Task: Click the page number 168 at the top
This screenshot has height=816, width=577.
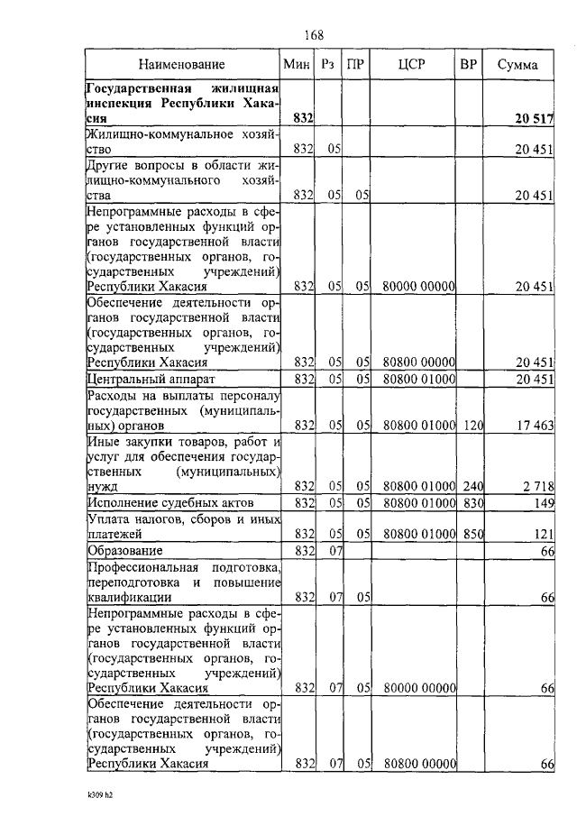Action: [x=313, y=35]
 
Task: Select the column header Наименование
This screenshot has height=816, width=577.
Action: [x=182, y=65]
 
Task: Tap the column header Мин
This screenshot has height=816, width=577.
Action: [x=297, y=65]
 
